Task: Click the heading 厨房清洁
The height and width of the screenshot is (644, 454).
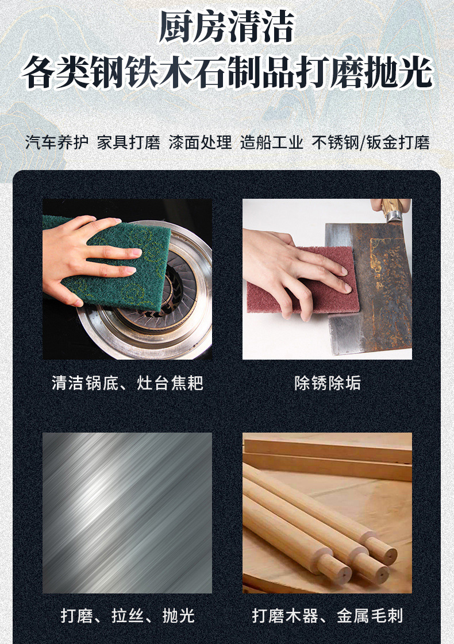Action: pos(226,26)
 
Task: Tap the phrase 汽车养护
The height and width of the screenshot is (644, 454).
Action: pos(57,142)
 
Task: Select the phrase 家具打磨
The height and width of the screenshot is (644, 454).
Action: pos(129,142)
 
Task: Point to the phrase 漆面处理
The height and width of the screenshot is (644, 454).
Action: pos(200,142)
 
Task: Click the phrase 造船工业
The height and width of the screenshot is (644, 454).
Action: pos(272,142)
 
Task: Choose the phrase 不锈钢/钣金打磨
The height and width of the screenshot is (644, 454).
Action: pos(371,142)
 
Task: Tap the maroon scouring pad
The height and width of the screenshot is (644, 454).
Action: pos(304,279)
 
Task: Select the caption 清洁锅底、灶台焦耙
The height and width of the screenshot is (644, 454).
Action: pos(128,383)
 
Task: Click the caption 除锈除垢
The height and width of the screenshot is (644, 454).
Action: pos(328,383)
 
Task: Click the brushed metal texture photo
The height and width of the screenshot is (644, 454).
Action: pos(128,512)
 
